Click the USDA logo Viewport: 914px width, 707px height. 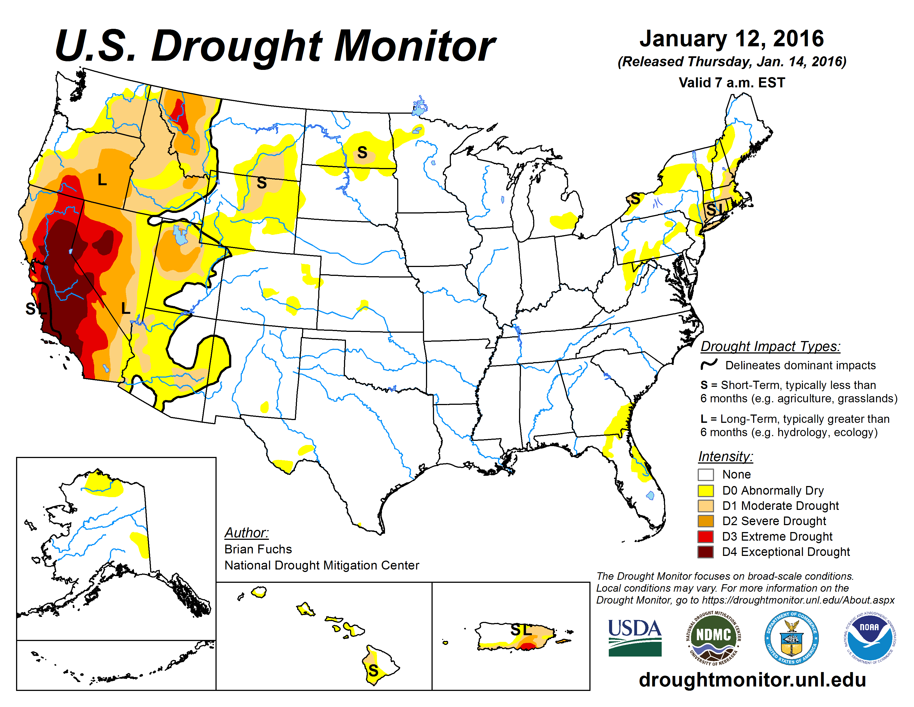[x=635, y=637]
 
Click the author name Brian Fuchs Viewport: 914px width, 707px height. [x=258, y=549]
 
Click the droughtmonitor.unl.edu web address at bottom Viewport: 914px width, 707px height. [x=752, y=679]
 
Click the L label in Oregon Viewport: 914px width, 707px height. [x=102, y=180]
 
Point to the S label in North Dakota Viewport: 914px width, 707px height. [x=362, y=152]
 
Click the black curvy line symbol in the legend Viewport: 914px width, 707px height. [x=709, y=364]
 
